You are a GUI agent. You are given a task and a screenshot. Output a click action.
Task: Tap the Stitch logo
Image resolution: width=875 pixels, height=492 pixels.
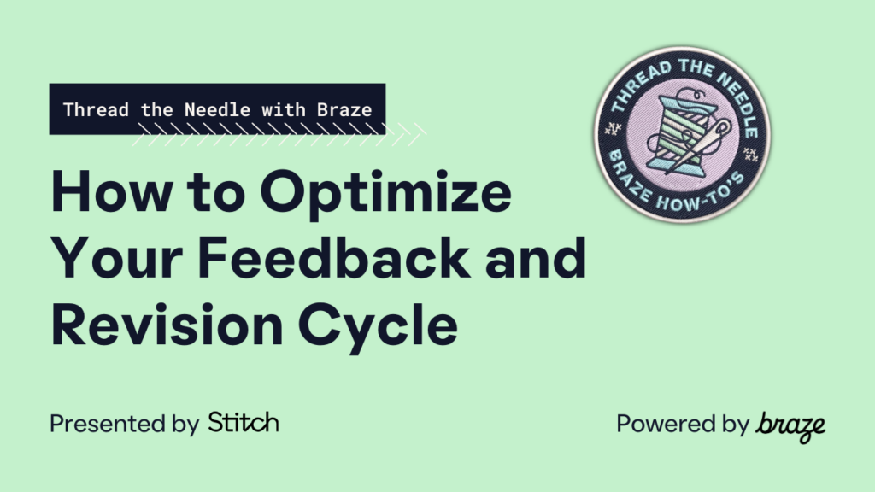[244, 423]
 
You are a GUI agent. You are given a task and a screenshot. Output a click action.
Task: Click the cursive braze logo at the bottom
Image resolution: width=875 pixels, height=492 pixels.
[790, 425]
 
